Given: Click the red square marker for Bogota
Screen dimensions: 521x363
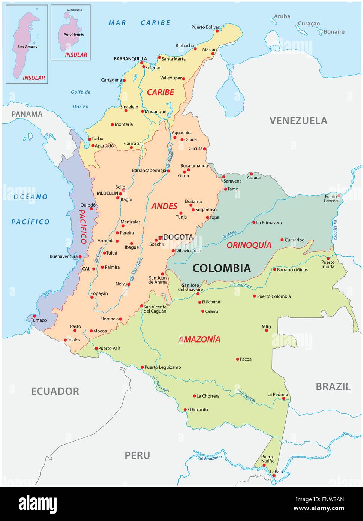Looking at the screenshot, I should point(160,238).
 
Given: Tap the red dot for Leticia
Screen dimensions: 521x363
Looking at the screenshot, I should point(274,476).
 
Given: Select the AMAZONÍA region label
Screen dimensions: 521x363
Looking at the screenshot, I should point(199,339).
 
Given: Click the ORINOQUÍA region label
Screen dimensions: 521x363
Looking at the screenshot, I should point(249,245).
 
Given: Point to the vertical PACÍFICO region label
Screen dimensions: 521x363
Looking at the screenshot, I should point(84,226).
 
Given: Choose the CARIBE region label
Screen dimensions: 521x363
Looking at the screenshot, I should point(160,92).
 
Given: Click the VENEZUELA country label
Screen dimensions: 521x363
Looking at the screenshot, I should point(298,120).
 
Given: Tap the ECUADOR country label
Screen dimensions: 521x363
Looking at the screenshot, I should point(55,391).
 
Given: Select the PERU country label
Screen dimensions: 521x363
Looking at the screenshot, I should point(137,455).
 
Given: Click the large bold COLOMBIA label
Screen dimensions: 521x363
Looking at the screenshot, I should point(221,268).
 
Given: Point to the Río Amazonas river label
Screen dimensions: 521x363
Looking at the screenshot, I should point(210,457).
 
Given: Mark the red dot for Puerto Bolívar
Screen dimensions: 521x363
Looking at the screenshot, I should point(217,31).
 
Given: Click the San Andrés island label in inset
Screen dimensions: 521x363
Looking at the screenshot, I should point(27,47).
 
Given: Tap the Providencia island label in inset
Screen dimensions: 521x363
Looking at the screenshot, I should point(71,35).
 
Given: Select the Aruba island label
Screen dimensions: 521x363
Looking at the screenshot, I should point(282,16).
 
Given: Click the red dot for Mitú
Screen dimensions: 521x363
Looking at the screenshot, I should point(267,331).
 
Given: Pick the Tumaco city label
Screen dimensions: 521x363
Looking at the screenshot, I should point(39,320).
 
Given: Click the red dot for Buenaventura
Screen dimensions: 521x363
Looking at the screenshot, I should point(80,257).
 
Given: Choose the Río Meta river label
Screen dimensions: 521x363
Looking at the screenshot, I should point(229,235).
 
